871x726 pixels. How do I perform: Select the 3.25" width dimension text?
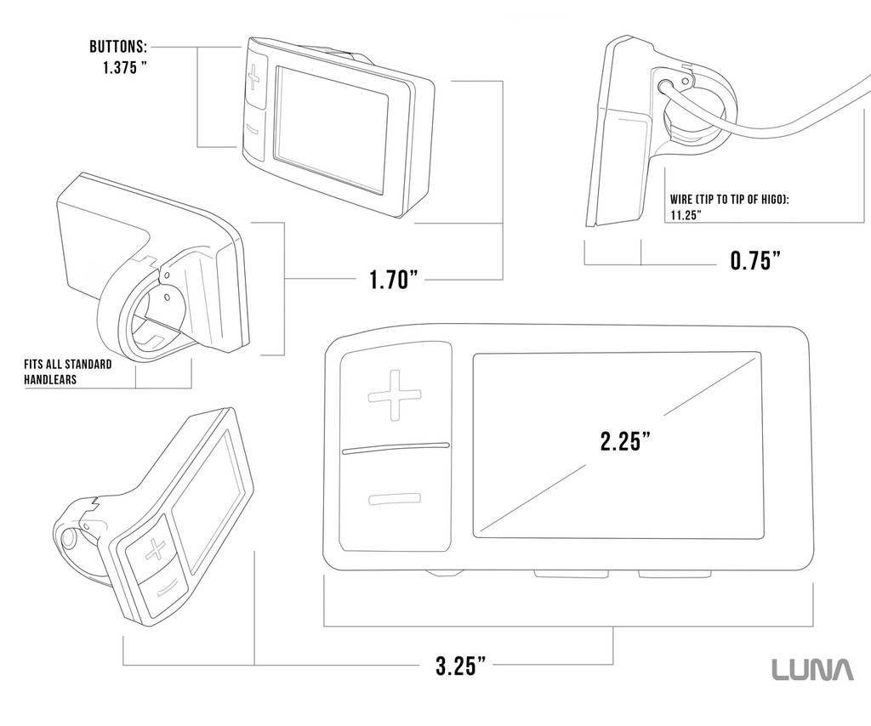tap(461, 665)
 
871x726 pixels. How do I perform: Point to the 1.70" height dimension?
tap(394, 279)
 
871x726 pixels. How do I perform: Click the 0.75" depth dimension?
tap(755, 260)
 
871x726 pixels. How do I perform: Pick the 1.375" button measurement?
tap(124, 68)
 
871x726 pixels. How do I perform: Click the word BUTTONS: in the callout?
tap(118, 46)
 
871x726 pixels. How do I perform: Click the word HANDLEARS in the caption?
tap(50, 380)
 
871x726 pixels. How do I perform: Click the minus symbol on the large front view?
tap(395, 499)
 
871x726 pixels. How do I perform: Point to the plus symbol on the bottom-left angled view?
tap(155, 550)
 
